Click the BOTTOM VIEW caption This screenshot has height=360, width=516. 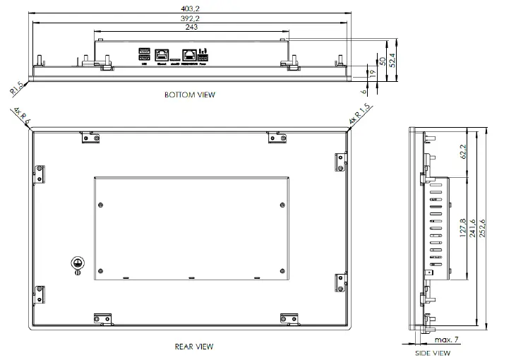tap(190, 95)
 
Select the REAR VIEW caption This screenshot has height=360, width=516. tap(193, 347)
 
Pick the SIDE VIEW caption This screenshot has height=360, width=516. tap(432, 352)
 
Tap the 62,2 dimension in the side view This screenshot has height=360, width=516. tap(462, 152)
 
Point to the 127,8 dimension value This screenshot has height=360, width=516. tap(463, 227)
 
